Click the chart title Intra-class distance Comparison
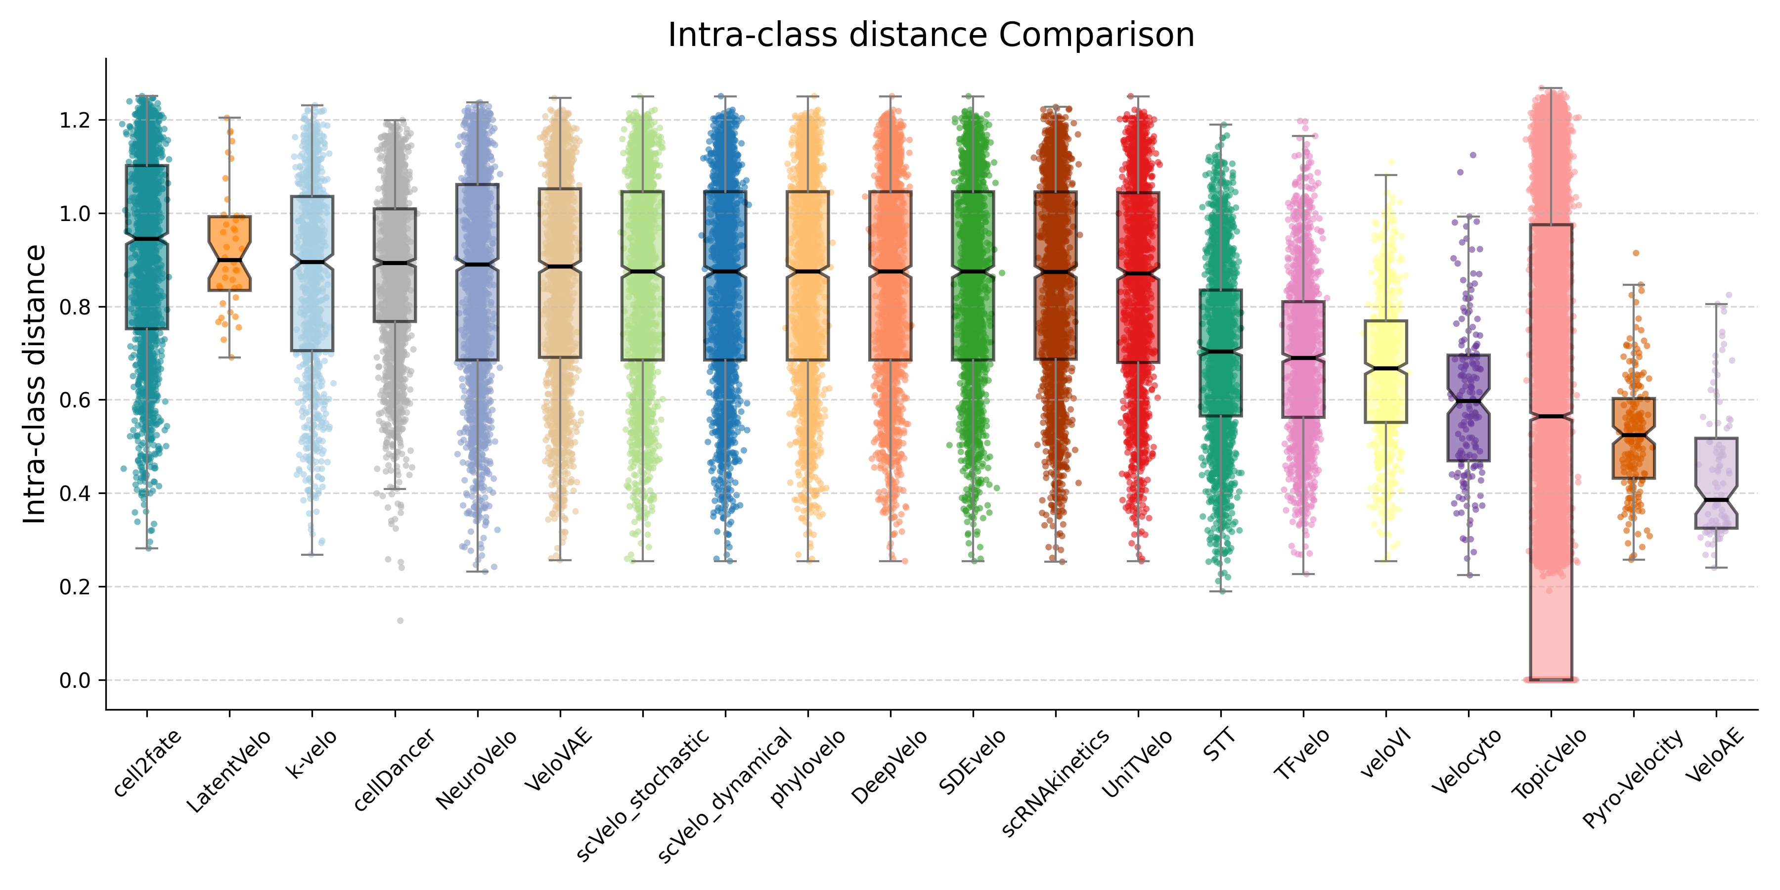(931, 35)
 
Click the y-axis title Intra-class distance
(35, 384)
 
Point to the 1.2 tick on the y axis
(75, 120)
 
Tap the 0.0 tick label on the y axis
(75, 681)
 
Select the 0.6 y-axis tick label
(75, 400)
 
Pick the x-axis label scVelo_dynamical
(725, 795)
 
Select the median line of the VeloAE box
(1716, 499)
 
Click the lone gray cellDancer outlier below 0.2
(400, 621)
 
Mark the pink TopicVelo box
(1551, 449)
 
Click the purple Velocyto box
(1468, 408)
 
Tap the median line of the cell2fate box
(146, 239)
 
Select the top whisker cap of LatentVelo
(229, 118)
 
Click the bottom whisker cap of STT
(1221, 591)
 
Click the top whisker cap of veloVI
(1386, 176)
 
